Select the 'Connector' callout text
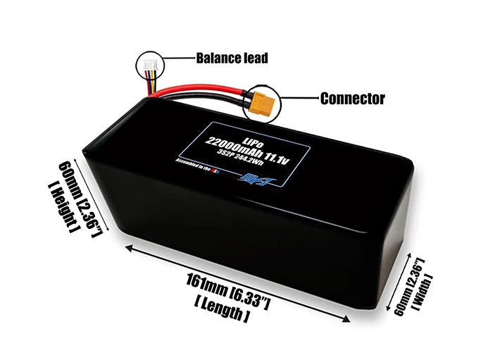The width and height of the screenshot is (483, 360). pyautogui.click(x=352, y=99)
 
